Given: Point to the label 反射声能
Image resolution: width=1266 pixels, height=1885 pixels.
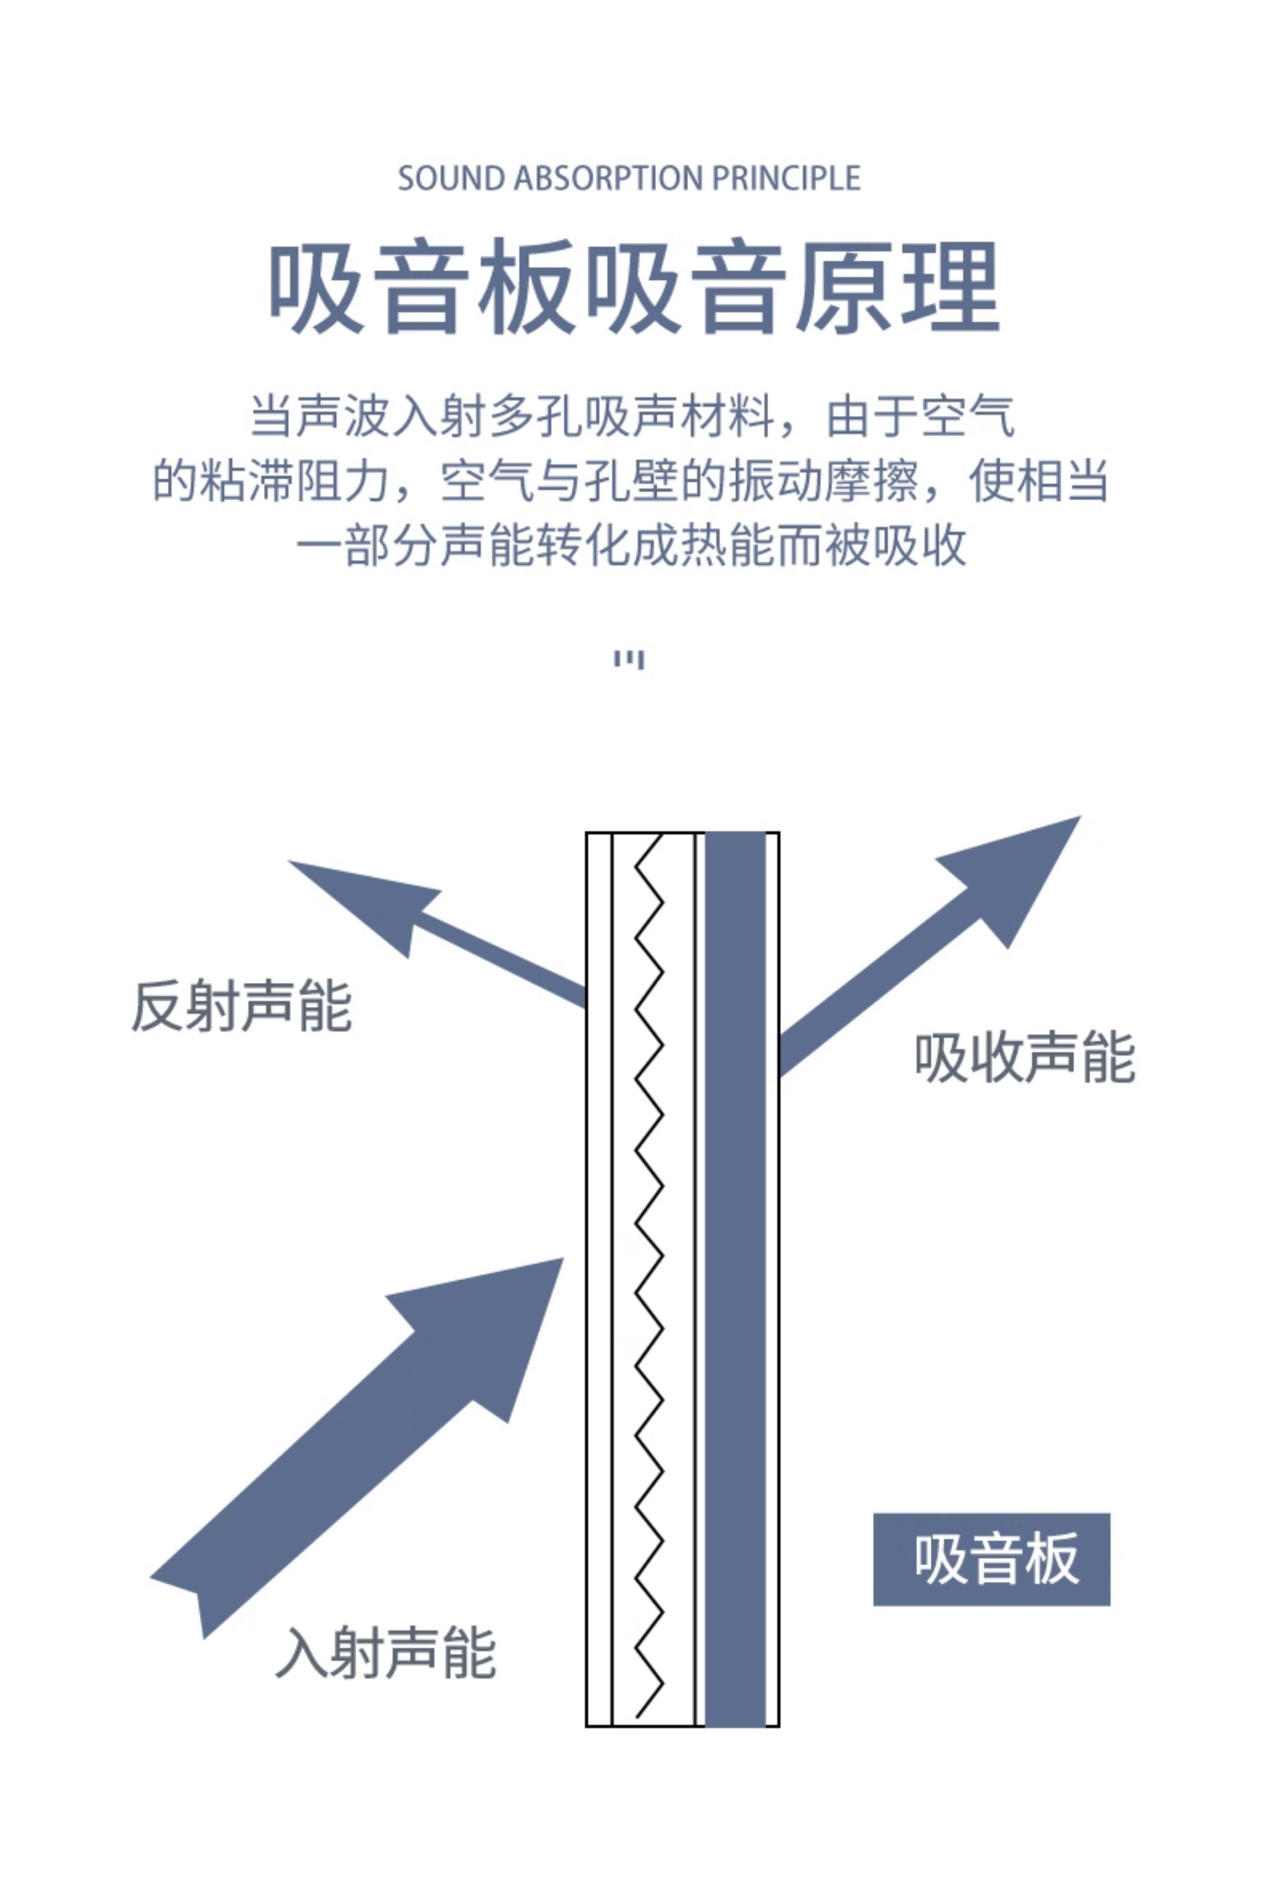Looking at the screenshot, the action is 241,1007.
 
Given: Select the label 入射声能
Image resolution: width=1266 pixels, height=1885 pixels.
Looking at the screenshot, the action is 386,1653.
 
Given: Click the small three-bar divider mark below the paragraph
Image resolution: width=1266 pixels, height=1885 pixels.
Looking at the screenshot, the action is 629,660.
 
